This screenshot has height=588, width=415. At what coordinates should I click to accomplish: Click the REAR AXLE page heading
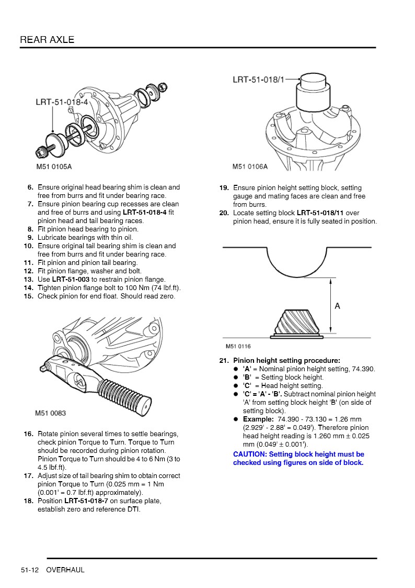tap(47, 40)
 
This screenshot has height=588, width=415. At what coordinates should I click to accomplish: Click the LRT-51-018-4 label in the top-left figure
tap(62, 102)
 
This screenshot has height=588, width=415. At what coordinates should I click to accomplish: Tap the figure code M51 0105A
tap(53, 167)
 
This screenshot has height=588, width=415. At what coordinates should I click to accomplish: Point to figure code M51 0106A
tap(250, 167)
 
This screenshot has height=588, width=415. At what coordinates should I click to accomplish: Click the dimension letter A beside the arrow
tap(337, 306)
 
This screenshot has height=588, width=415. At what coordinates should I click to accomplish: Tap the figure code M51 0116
tap(238, 347)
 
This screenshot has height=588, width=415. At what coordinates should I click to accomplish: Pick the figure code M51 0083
tap(51, 413)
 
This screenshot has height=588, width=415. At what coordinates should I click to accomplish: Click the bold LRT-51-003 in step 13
tap(71, 280)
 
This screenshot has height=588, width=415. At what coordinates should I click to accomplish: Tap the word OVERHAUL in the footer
tap(65, 570)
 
